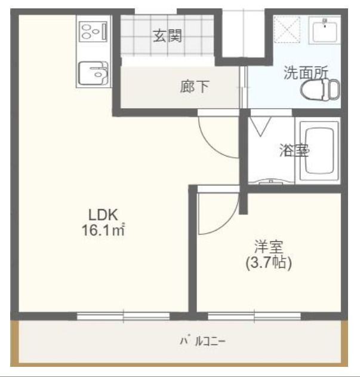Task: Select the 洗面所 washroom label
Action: pos(306,73)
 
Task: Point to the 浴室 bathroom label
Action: pos(294,150)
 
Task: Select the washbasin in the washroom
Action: pos(325,29)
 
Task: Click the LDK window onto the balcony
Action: pos(124,315)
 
